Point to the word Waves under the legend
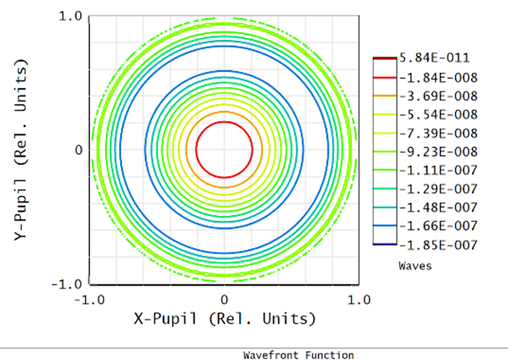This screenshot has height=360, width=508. tap(415, 266)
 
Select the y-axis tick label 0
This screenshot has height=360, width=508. tap(79, 150)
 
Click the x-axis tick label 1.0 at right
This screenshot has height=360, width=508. tap(357, 299)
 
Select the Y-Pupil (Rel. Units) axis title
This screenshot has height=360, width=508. tap(24, 150)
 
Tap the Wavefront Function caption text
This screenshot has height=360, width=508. tap(298, 355)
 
